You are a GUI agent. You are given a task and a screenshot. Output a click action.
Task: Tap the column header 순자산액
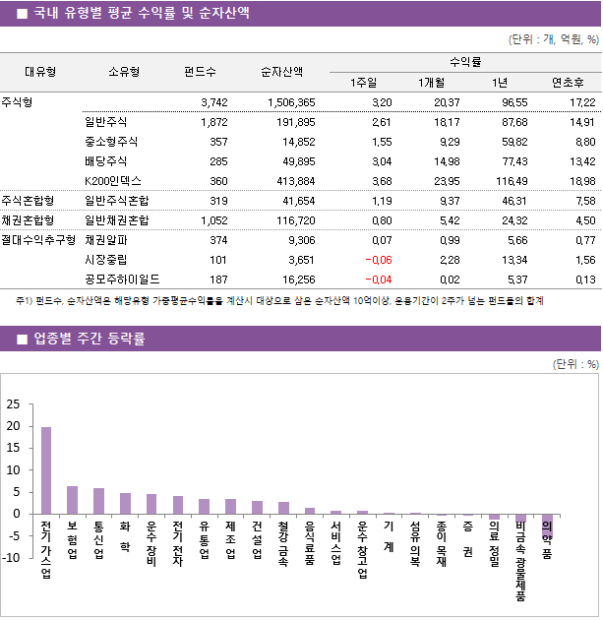click(281, 71)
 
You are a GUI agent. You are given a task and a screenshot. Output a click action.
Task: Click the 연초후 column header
click(569, 82)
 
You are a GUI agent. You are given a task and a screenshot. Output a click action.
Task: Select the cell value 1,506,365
click(291, 102)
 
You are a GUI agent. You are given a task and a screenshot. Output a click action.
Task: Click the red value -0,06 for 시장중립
click(377, 260)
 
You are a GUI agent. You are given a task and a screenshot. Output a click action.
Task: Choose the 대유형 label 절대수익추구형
click(38, 240)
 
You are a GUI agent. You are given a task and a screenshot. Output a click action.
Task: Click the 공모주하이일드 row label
click(122, 279)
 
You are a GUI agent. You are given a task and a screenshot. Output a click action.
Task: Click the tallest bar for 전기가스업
click(46, 469)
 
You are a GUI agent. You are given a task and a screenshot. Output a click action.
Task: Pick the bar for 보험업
click(72, 499)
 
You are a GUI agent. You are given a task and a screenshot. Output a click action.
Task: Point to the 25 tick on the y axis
click(13, 404)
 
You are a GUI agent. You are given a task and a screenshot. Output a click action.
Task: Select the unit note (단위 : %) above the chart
click(575, 363)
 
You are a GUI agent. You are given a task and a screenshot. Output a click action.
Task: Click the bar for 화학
click(125, 503)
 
